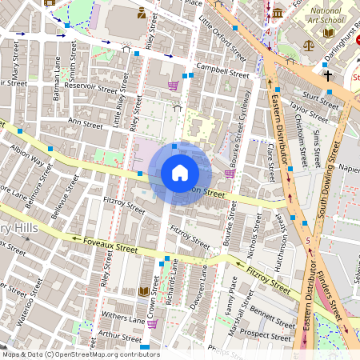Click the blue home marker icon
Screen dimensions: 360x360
point(180,173)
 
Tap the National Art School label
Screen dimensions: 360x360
point(326,16)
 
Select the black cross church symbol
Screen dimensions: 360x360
point(327,76)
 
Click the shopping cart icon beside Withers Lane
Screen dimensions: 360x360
point(152,323)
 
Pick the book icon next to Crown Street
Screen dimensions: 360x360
point(144,291)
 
